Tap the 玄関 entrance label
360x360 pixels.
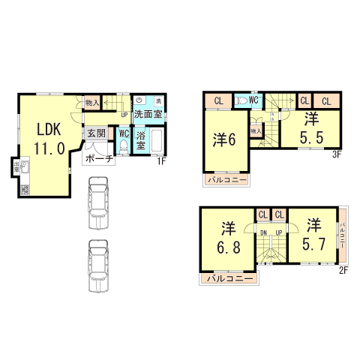[x=96, y=133]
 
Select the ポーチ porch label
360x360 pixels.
[x=99, y=158]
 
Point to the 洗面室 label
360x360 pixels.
[x=148, y=115]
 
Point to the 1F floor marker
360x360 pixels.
[x=161, y=160]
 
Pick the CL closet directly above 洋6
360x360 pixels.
[x=218, y=100]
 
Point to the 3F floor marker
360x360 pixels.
[x=337, y=154]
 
